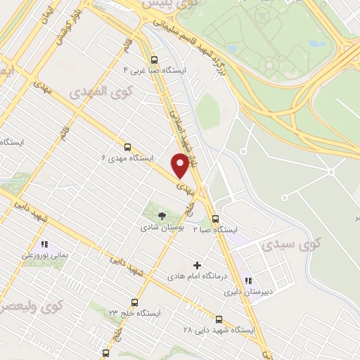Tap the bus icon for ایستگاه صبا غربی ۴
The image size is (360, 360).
pyautogui.click(x=154, y=60)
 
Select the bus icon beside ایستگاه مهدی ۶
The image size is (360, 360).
pyautogui.click(x=127, y=147)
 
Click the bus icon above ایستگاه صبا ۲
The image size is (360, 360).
pyautogui.click(x=216, y=219)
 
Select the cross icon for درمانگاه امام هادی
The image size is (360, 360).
pyautogui.click(x=197, y=266)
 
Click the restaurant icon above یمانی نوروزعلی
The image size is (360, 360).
pyautogui.click(x=44, y=246)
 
